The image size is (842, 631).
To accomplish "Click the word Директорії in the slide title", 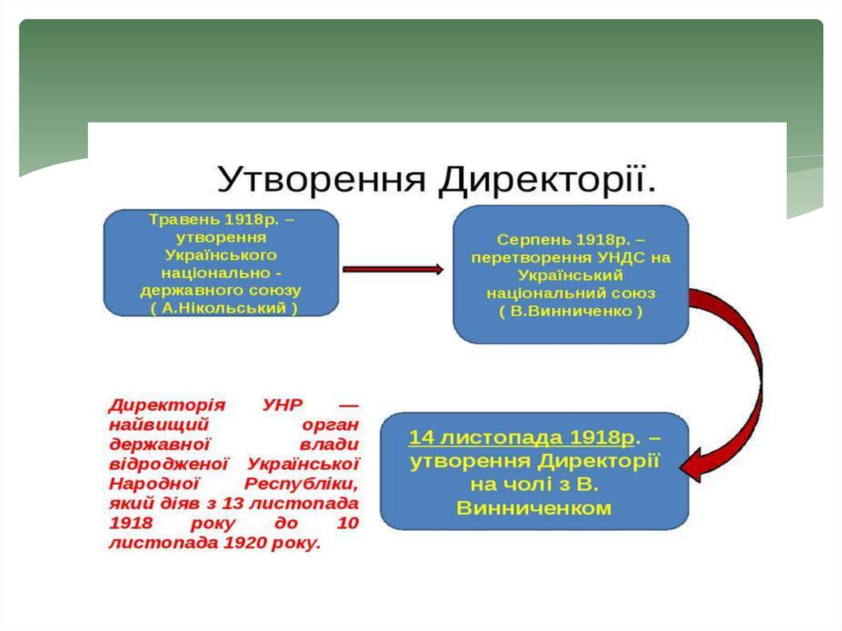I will click(x=547, y=179).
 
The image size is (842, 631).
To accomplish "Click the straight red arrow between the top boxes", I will click(x=393, y=269).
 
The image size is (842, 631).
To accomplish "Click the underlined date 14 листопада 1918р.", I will click(x=527, y=437).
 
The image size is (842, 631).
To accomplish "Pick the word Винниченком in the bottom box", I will click(x=534, y=508).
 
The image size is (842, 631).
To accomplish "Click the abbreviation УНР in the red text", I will click(x=283, y=406).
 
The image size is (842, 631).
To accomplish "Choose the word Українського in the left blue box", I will click(x=220, y=256).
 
